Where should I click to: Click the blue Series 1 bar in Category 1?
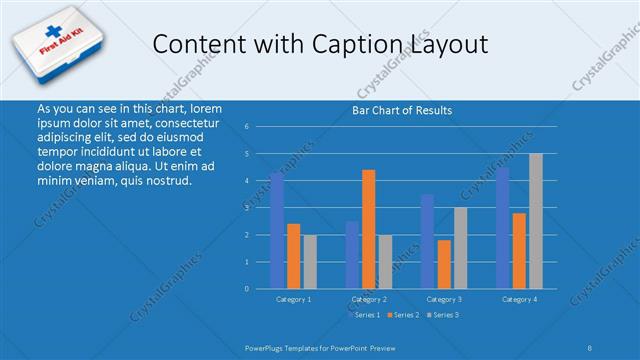[x=277, y=231]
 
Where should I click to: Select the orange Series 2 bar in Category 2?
[x=369, y=229]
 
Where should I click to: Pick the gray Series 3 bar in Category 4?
[x=536, y=221]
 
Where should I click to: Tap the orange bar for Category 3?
[x=444, y=264]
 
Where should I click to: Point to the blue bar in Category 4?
[x=502, y=228]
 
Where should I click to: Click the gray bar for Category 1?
[x=310, y=262]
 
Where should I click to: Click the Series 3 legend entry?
[x=445, y=315]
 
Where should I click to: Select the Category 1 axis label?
[x=293, y=299]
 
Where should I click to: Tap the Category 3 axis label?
[x=444, y=299]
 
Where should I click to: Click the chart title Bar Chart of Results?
[x=402, y=110]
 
